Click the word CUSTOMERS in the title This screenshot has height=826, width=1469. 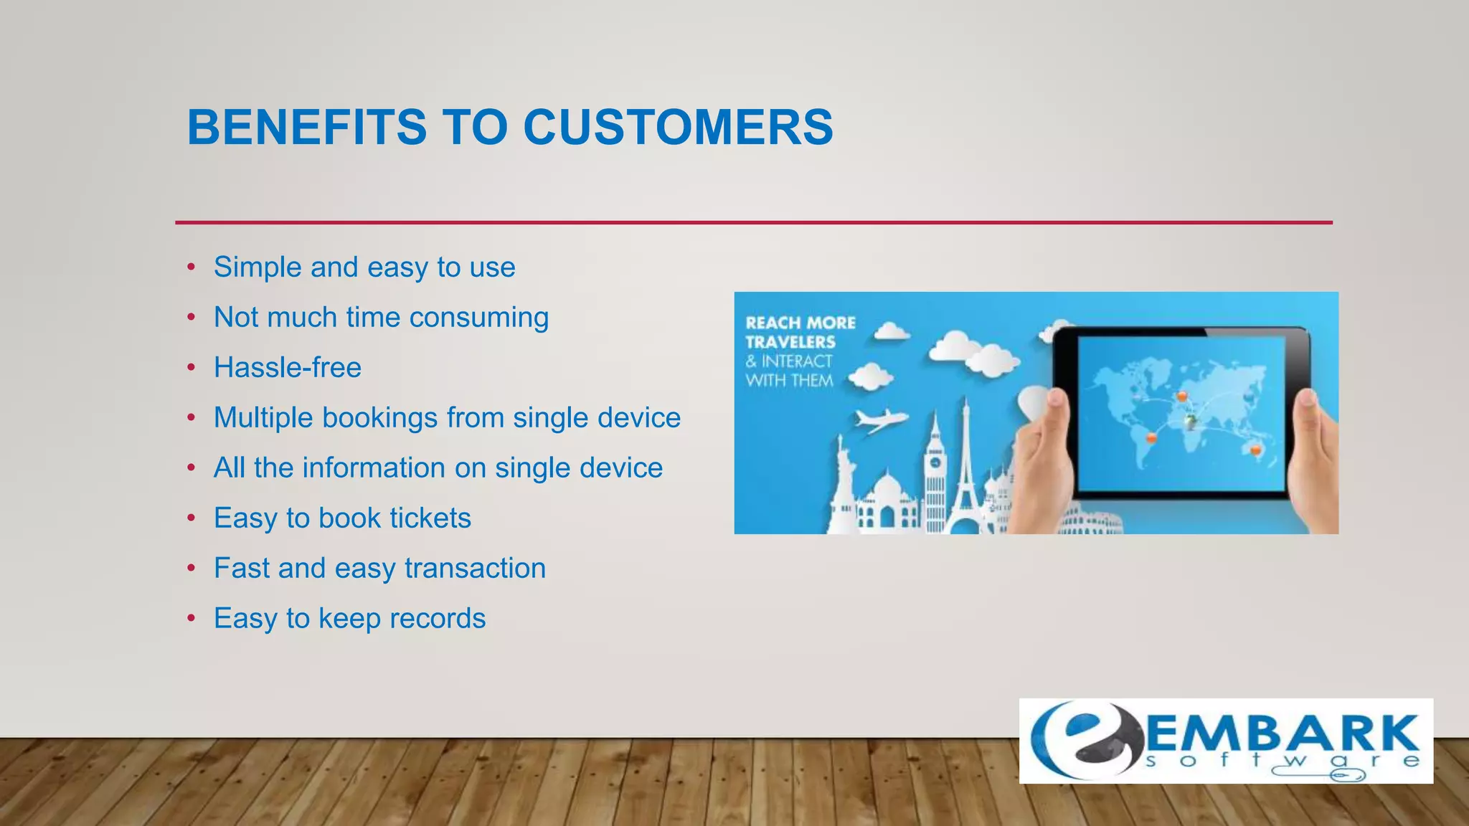[x=678, y=128]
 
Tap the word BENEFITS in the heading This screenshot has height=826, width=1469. [x=307, y=128]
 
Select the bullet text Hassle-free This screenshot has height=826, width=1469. [x=288, y=368]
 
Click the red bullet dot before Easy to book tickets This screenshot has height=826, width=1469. [x=191, y=518]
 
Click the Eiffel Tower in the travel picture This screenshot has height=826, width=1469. [x=965, y=473]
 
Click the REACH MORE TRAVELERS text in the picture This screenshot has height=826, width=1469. [x=800, y=332]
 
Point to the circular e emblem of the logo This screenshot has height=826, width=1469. [x=1083, y=741]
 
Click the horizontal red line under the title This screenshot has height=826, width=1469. [x=753, y=222]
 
